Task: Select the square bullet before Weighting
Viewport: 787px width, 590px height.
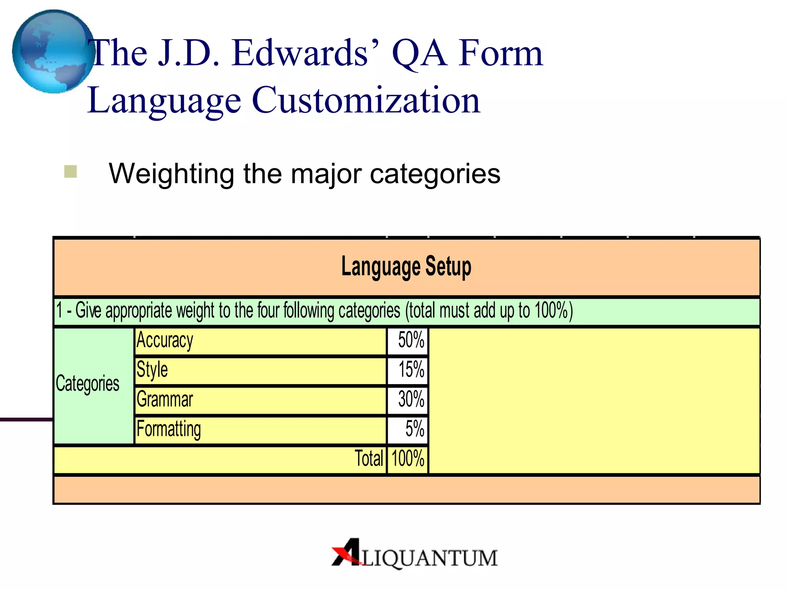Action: point(71,171)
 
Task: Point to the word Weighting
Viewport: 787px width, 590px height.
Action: point(171,174)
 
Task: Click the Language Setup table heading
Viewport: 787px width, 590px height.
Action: point(406,267)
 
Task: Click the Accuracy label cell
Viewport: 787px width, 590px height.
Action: point(165,341)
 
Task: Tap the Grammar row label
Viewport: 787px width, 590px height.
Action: point(165,399)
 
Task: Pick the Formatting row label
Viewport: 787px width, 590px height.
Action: point(169,429)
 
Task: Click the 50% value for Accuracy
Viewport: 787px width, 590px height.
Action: point(410,340)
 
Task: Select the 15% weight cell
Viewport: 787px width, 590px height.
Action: point(411,370)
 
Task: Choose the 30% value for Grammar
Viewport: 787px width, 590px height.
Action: point(411,399)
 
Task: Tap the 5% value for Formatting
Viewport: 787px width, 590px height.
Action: point(414,429)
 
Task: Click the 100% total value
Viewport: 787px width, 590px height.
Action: point(408,459)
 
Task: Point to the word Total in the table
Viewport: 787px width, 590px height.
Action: point(369,459)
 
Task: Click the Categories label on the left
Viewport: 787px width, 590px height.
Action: point(88,384)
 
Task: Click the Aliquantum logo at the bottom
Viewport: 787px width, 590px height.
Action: point(415,554)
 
